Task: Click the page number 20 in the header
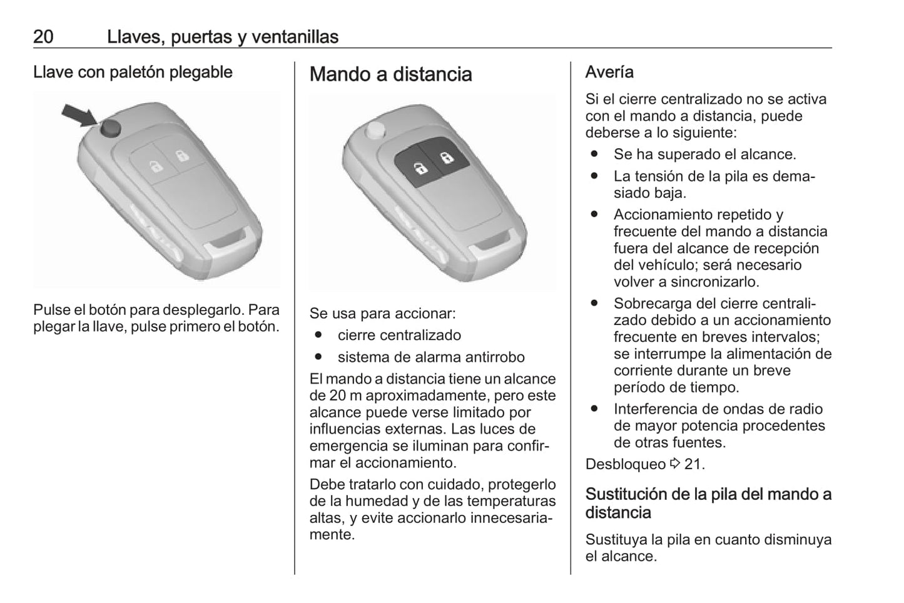[43, 37]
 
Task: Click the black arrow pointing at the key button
[78, 116]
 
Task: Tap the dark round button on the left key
[111, 128]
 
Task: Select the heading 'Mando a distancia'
[390, 74]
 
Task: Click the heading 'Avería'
[609, 72]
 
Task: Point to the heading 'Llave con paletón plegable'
[133, 72]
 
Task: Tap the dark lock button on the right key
[446, 157]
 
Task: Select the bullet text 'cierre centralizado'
[399, 335]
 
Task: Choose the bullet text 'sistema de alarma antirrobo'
[431, 357]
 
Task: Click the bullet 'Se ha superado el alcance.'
[704, 154]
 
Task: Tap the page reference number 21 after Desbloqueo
[694, 464]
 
